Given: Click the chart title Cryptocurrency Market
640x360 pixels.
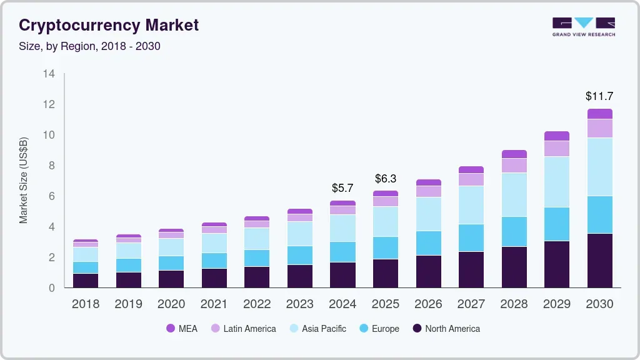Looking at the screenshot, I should coord(109,25).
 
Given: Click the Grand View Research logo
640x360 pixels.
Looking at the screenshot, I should coord(583,26).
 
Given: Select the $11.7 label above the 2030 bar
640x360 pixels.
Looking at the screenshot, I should coord(599,96).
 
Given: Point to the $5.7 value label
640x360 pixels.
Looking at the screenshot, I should coord(343,187).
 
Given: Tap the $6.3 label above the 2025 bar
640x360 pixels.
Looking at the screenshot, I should coord(386,179).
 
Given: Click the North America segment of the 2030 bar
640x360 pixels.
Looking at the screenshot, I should coord(599,260).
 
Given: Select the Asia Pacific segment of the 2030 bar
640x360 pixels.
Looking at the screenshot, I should coord(599,167).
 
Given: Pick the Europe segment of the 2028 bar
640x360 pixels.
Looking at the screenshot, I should coord(514,231).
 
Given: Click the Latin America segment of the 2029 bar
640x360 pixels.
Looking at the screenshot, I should coord(557,148).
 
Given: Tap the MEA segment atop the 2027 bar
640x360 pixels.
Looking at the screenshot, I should coord(471,169).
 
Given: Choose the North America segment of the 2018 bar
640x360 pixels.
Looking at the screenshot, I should coord(86,280).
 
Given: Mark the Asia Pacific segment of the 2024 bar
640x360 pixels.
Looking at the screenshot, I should coord(343,228).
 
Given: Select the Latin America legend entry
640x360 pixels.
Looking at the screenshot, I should coord(243,329).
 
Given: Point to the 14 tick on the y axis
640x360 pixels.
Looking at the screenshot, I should coord(49,74).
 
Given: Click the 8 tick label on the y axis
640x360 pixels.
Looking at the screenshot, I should coord(51,166).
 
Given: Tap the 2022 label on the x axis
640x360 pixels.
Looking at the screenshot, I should coord(257,304).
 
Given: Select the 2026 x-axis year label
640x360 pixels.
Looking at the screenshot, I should coord(429,304).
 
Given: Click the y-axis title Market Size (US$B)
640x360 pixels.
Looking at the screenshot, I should coord(24,180).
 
